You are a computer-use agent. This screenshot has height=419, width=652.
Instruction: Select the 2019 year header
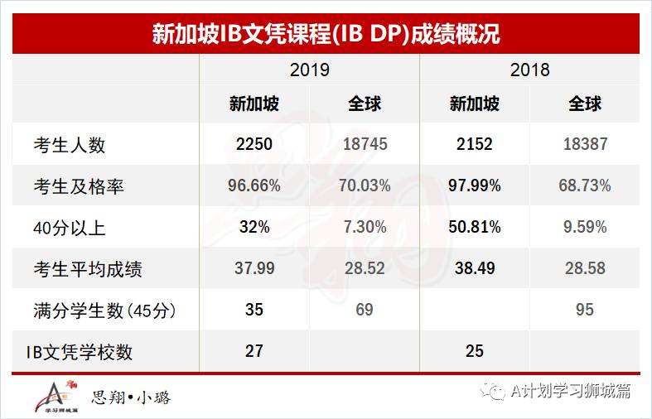click(310, 70)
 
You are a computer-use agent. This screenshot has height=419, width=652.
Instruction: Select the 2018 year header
click(530, 70)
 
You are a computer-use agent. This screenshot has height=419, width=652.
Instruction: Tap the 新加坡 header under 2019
click(254, 104)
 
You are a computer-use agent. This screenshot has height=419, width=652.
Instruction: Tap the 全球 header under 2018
click(585, 104)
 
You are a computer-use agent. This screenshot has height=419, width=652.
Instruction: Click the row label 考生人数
click(70, 145)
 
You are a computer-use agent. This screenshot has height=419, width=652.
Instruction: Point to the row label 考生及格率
click(79, 186)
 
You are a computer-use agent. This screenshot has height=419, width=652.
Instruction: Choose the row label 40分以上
click(70, 228)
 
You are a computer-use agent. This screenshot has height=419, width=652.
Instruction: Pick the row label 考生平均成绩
click(88, 269)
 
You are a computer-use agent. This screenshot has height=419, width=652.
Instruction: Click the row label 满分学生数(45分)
click(104, 311)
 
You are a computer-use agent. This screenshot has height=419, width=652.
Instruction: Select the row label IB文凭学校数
click(79, 352)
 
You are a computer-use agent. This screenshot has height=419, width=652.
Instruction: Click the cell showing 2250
click(254, 145)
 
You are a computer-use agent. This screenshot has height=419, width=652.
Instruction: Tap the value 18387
click(585, 145)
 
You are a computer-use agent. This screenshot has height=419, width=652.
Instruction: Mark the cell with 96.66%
click(254, 186)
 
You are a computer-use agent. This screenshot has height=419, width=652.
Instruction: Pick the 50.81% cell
click(475, 228)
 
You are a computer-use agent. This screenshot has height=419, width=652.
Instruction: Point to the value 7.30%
click(365, 228)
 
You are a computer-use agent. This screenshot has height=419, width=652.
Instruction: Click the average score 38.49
click(475, 269)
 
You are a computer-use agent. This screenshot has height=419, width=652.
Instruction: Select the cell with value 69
click(365, 311)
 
